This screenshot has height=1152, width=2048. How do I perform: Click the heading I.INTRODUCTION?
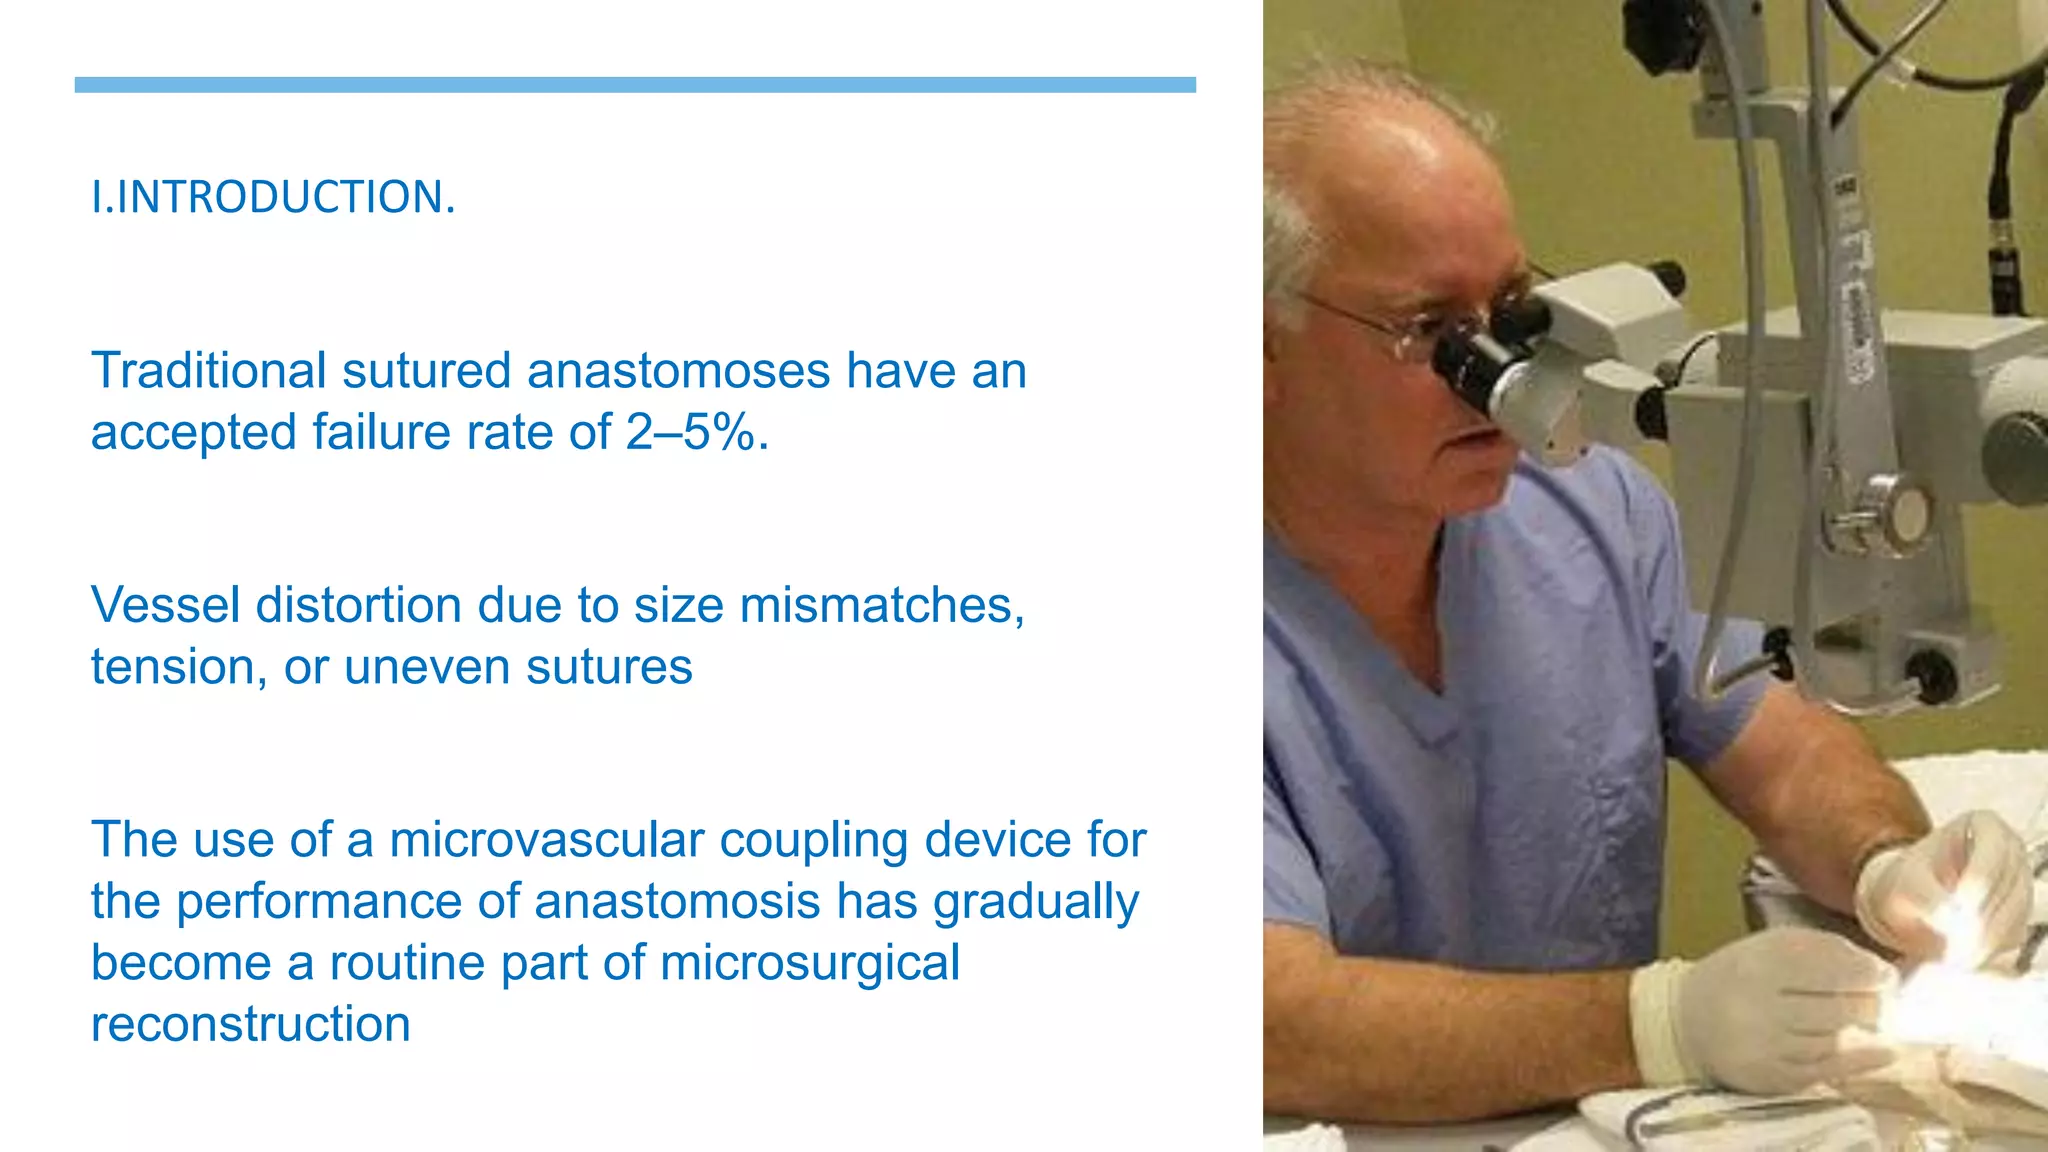(x=273, y=197)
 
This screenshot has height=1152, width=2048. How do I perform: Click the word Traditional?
(x=208, y=371)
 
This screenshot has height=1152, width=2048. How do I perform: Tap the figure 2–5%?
(x=697, y=433)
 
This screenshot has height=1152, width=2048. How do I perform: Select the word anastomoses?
(x=678, y=371)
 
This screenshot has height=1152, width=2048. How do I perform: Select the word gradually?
(x=1036, y=903)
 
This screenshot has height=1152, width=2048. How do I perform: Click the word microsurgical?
(x=809, y=963)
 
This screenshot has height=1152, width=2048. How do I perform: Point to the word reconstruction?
(x=250, y=1025)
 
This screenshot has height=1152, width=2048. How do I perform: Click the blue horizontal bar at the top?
(x=635, y=85)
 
